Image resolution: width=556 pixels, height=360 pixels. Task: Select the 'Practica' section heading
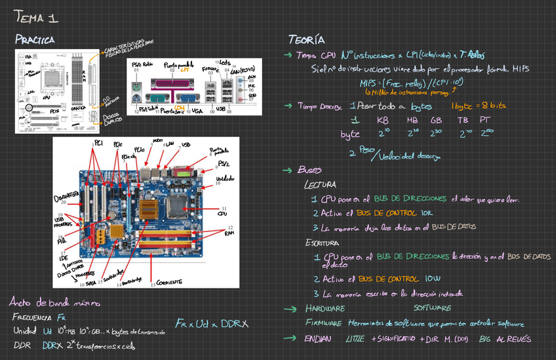pyautogui.click(x=35, y=40)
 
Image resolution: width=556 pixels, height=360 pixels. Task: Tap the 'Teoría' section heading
pyautogui.click(x=306, y=39)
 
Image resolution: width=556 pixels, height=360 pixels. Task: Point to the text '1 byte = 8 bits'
pyautogui.click(x=479, y=106)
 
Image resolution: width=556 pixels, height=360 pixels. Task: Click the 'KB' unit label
pyautogui.click(x=383, y=121)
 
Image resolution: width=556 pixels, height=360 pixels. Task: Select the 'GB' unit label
pyautogui.click(x=436, y=121)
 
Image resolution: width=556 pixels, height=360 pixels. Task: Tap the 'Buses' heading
pyautogui.click(x=309, y=170)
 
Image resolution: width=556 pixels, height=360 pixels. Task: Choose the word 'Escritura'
pyautogui.click(x=323, y=243)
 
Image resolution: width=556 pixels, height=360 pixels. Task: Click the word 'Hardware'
pyautogui.click(x=325, y=308)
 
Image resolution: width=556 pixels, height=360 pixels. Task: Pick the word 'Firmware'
pyautogui.click(x=323, y=323)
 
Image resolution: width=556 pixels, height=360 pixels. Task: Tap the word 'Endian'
pyautogui.click(x=318, y=339)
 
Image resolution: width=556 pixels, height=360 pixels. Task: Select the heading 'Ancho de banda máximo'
pyautogui.click(x=54, y=302)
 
